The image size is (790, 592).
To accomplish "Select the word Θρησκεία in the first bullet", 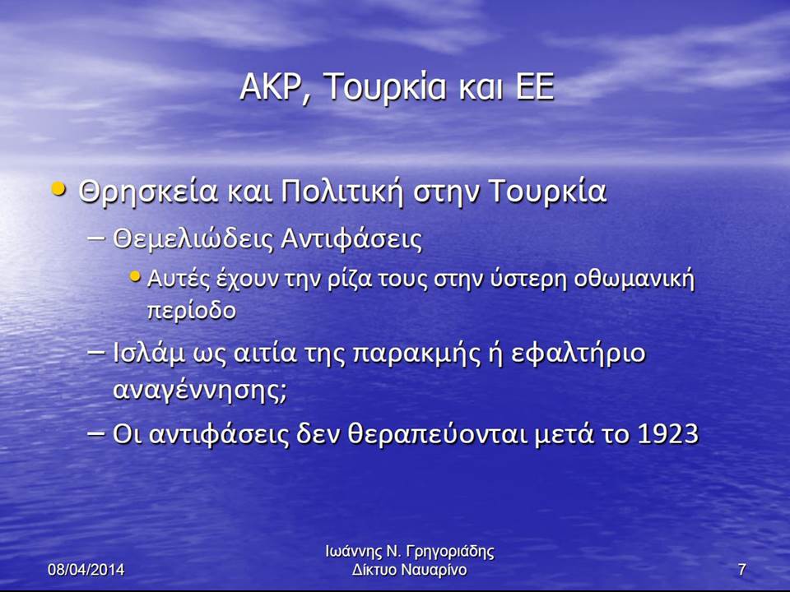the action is click(149, 192).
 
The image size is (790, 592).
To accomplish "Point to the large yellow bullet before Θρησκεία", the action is click(59, 189).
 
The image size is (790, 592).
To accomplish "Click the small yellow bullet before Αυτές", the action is click(135, 276).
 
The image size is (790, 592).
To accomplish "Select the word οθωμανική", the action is click(634, 280).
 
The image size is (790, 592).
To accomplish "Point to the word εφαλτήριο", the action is click(579, 354).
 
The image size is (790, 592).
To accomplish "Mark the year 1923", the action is click(668, 433).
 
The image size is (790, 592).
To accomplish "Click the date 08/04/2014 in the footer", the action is click(86, 569).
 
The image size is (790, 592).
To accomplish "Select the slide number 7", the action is click(741, 569).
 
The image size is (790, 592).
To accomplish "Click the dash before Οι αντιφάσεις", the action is click(97, 433).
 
